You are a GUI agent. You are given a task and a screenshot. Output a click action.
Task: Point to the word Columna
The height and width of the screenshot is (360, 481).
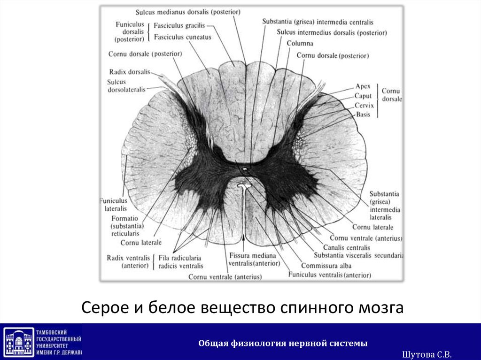click(300, 43)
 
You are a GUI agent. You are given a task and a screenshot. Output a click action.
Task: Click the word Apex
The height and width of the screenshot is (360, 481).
click(363, 86)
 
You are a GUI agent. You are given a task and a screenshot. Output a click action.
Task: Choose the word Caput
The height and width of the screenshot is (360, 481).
click(363, 96)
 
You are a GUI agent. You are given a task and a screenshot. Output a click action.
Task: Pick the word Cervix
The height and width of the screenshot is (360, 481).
click(364, 105)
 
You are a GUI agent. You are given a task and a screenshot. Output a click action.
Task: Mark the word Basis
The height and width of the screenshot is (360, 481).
click(363, 115)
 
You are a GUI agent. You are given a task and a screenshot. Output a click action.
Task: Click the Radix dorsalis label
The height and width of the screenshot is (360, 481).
click(130, 72)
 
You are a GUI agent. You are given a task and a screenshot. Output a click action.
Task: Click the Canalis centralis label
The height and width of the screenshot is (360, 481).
click(347, 247)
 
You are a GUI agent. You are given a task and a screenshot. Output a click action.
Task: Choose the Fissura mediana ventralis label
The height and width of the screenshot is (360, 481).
click(248, 259)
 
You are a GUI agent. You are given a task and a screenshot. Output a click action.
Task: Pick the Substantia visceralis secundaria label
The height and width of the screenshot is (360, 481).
click(359, 256)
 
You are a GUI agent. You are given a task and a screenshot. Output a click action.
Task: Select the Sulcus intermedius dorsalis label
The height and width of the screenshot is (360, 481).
click(332, 33)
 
